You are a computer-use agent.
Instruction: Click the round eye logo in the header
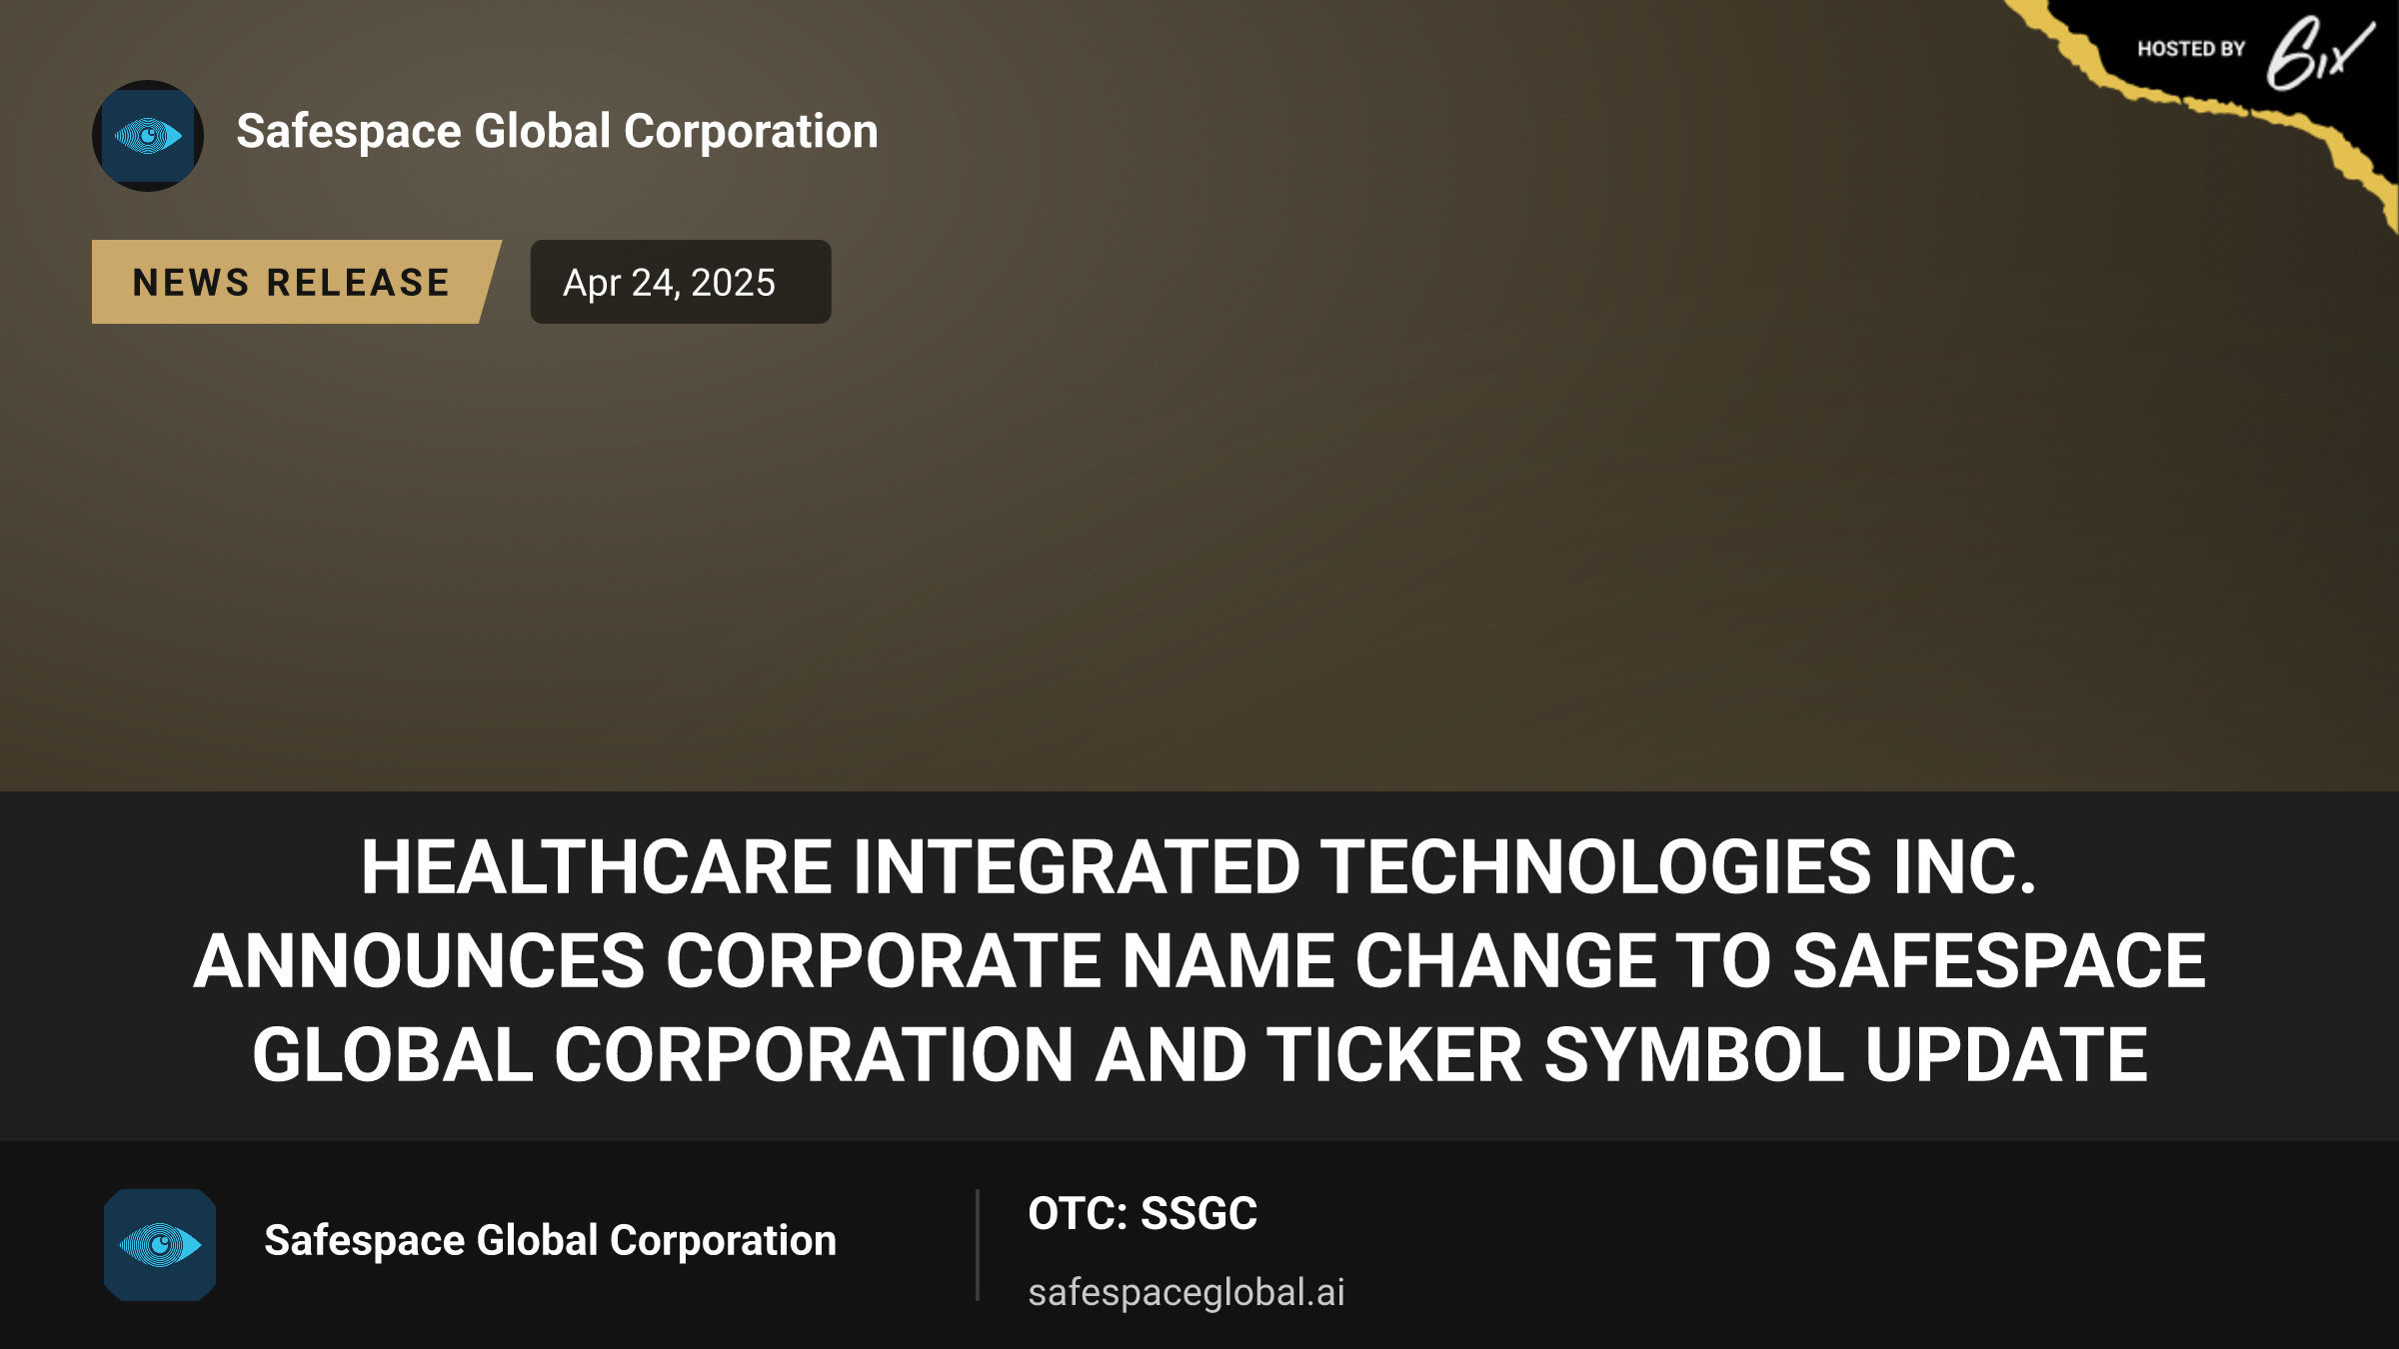(x=148, y=136)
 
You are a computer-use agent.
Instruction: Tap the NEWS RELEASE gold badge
(x=296, y=282)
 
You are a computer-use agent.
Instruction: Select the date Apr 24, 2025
(x=669, y=283)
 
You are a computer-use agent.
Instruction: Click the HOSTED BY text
(x=2191, y=49)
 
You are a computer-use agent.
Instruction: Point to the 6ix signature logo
(x=2319, y=53)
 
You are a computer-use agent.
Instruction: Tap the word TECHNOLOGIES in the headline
(x=1596, y=866)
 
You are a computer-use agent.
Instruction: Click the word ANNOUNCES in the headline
(x=420, y=960)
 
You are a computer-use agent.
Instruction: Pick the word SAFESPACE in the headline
(x=1999, y=960)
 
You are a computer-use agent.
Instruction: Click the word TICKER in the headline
(x=1395, y=1054)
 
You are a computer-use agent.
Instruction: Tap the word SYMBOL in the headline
(x=1693, y=1054)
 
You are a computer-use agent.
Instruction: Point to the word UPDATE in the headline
(x=2006, y=1054)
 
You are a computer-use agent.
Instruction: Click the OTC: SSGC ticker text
(x=1143, y=1213)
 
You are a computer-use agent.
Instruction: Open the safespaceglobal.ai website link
(x=1187, y=1293)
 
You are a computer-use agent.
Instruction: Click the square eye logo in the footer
(x=160, y=1245)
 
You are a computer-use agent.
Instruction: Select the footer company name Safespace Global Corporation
(x=550, y=1241)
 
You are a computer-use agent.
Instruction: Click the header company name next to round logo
(x=557, y=131)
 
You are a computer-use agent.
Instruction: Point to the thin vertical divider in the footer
(x=978, y=1245)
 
